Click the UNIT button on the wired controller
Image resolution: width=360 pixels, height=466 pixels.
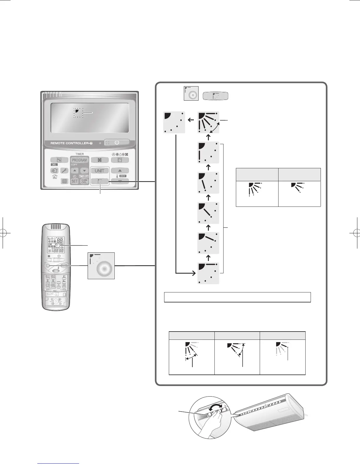pyautogui.click(x=99, y=171)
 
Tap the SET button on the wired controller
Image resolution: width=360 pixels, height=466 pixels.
pyautogui.click(x=74, y=181)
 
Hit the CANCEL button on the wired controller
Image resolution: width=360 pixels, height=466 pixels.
pyautogui.click(x=84, y=181)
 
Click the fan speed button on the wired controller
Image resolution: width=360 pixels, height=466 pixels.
pyautogui.click(x=99, y=160)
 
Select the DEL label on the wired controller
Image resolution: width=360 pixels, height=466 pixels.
pyautogui.click(x=54, y=165)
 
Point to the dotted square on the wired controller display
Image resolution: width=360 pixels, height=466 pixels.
pyautogui.click(x=79, y=112)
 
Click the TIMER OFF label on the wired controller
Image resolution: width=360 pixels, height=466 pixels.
pyautogui.click(x=84, y=176)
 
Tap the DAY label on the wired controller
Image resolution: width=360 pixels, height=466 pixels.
pyautogui.click(x=123, y=176)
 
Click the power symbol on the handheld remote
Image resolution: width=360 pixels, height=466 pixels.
pyautogui.click(x=59, y=256)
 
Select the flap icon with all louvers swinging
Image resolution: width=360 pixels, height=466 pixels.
pyautogui.click(x=208, y=122)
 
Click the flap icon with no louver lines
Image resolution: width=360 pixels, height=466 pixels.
pyautogui.click(x=174, y=122)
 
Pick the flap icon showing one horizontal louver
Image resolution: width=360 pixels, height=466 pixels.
pyautogui.click(x=208, y=273)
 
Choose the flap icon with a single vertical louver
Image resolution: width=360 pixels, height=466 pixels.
pyautogui.click(x=208, y=152)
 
